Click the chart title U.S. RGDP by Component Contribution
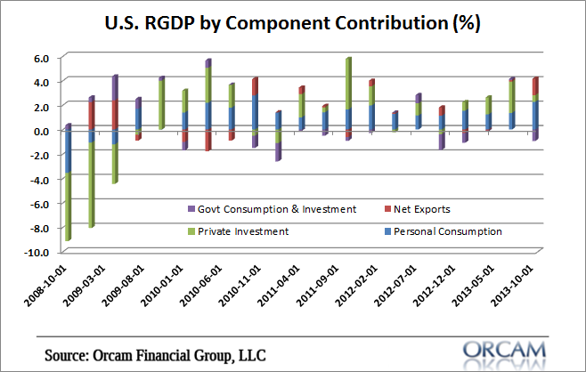click(292, 22)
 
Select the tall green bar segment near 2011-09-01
click(348, 84)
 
